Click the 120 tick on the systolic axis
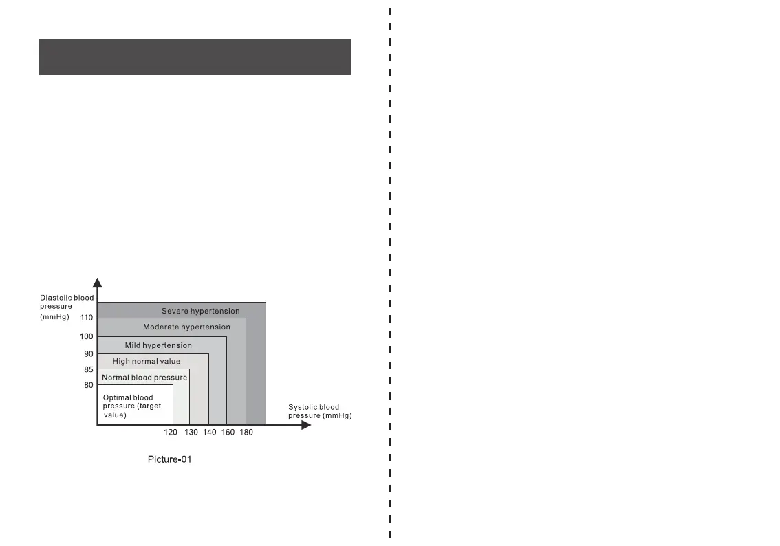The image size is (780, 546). [x=171, y=433]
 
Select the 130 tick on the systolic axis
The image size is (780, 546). [x=191, y=433]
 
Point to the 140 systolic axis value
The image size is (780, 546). [x=210, y=433]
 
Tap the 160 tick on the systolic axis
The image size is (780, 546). [x=228, y=433]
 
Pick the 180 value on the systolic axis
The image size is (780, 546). [x=246, y=433]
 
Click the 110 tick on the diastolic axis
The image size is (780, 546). [x=86, y=318]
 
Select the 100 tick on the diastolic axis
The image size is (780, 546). [x=86, y=336]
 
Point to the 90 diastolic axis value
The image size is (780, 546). [x=89, y=354]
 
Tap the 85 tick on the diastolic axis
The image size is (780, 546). [x=89, y=369]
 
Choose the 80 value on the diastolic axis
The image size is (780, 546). [x=89, y=385]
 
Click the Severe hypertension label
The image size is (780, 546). [x=201, y=312]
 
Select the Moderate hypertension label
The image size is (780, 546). [x=186, y=327]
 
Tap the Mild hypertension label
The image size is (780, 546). [x=158, y=345]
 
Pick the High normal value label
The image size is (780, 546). [x=147, y=362]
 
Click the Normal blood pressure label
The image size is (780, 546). [x=144, y=378]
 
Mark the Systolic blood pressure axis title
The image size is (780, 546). [x=320, y=411]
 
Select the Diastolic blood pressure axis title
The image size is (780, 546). [x=66, y=306]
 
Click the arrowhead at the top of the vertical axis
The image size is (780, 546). [x=98, y=282]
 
